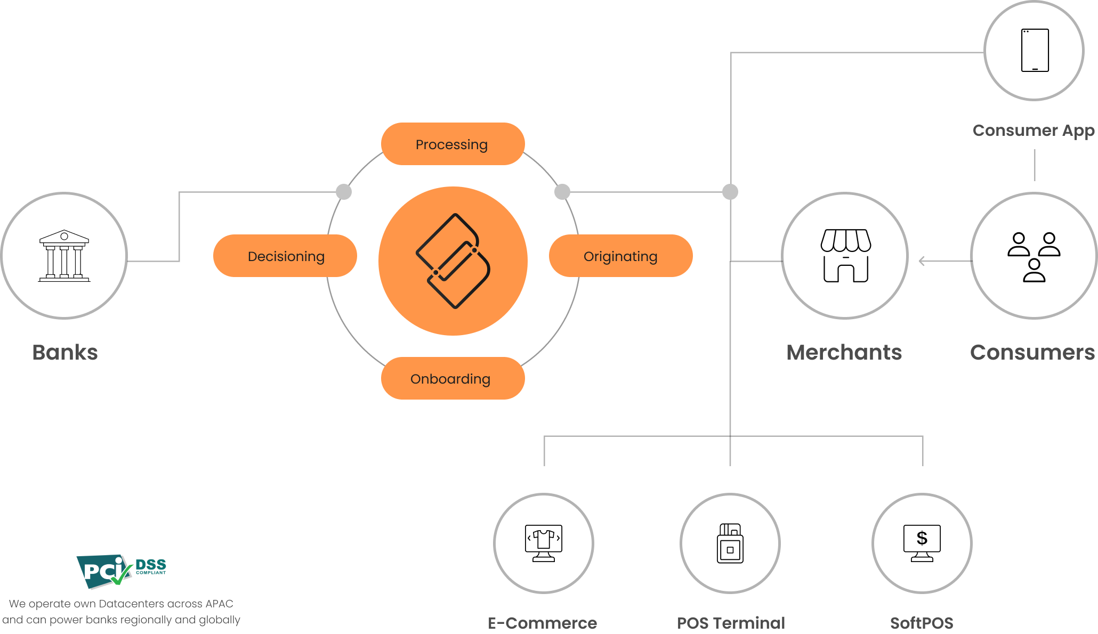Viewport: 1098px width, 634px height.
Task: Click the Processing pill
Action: point(453,144)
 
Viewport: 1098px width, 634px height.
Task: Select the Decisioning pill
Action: point(285,256)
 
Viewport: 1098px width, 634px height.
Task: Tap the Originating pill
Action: point(620,256)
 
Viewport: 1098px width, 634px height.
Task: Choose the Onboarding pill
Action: point(453,378)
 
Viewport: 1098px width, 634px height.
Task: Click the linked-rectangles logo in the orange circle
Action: point(453,261)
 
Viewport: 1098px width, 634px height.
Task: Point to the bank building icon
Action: point(64,256)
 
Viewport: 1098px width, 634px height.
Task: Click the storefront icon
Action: point(846,256)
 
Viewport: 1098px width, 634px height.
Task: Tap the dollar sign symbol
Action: point(922,538)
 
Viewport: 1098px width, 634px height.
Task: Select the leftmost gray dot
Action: point(344,192)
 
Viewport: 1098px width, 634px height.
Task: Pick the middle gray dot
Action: point(562,192)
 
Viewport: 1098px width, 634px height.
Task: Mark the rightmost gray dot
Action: point(730,192)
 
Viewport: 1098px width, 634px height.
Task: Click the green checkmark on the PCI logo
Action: point(122,575)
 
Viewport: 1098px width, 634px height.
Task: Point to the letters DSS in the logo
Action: point(151,564)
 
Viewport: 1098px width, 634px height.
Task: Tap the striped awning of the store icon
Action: point(846,240)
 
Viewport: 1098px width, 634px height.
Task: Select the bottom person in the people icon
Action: point(1034,271)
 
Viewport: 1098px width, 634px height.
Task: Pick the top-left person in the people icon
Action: point(1019,244)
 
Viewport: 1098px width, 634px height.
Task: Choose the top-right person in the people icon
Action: point(1049,244)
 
